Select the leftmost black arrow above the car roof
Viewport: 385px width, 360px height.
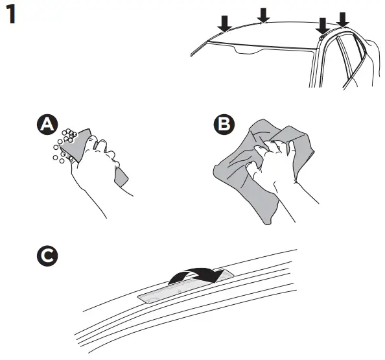tap(224, 23)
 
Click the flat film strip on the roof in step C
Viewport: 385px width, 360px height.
tap(169, 294)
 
